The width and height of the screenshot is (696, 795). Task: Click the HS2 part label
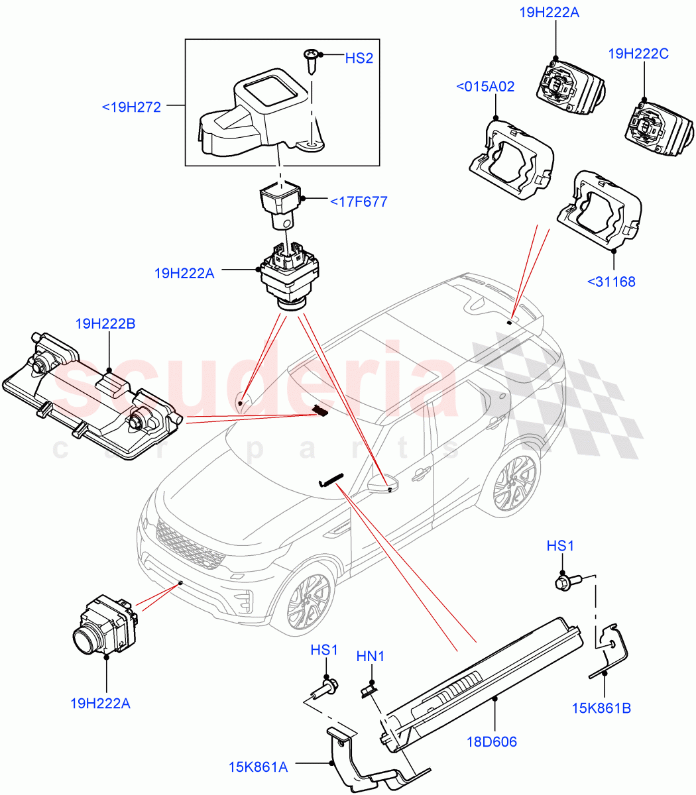[x=359, y=58]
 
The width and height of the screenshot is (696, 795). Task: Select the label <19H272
[x=131, y=107]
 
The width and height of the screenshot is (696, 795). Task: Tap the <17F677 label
[x=358, y=201]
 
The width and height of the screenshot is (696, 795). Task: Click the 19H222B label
[x=105, y=324]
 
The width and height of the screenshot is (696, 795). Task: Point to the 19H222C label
[x=638, y=54]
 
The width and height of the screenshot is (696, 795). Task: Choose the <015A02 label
[x=485, y=87]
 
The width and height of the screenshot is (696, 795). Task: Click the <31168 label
[x=610, y=282]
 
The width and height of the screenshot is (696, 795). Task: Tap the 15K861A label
[x=257, y=767]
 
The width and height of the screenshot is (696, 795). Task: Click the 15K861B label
[x=601, y=708]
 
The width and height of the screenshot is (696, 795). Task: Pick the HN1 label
[x=371, y=657]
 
